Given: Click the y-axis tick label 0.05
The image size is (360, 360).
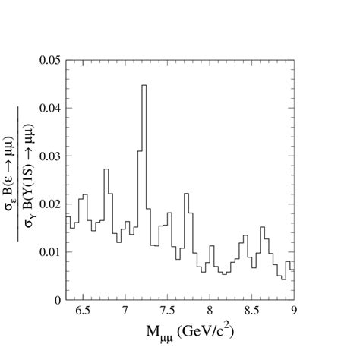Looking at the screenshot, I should [50, 60].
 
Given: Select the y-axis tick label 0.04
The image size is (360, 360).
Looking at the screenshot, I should [50, 108].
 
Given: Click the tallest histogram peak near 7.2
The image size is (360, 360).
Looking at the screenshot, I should [144, 86].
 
